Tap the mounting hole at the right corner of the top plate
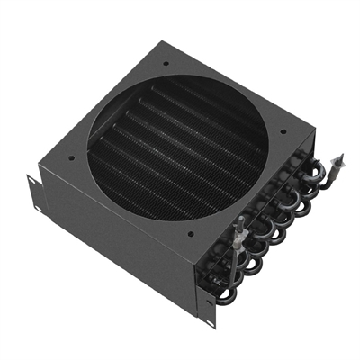click(284, 131)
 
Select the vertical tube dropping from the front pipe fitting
click(232, 261)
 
